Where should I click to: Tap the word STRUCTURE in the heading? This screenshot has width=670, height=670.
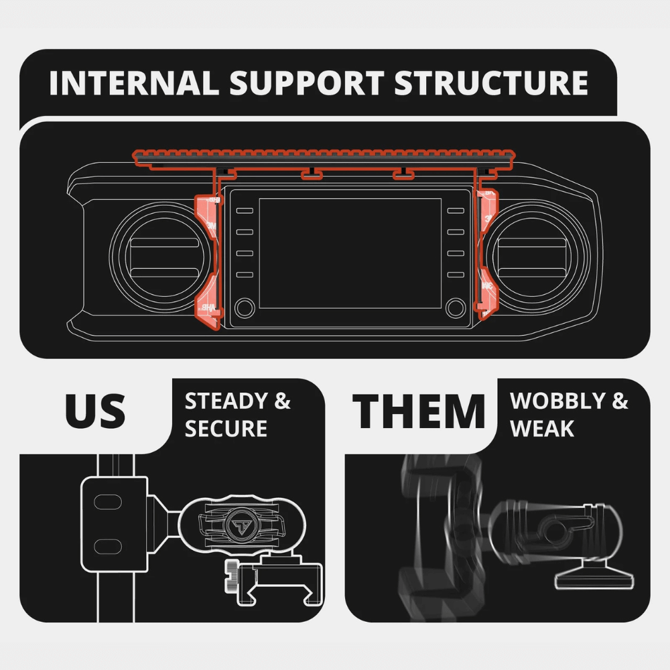pyautogui.click(x=490, y=83)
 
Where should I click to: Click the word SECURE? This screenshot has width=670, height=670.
pyautogui.click(x=226, y=429)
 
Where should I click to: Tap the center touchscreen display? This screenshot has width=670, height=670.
pyautogui.click(x=350, y=253)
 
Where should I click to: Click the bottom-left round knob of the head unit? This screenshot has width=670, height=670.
pyautogui.click(x=245, y=308)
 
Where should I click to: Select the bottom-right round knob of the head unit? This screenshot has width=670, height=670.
pyautogui.click(x=456, y=308)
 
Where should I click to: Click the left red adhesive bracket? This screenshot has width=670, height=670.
pyautogui.click(x=207, y=261)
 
